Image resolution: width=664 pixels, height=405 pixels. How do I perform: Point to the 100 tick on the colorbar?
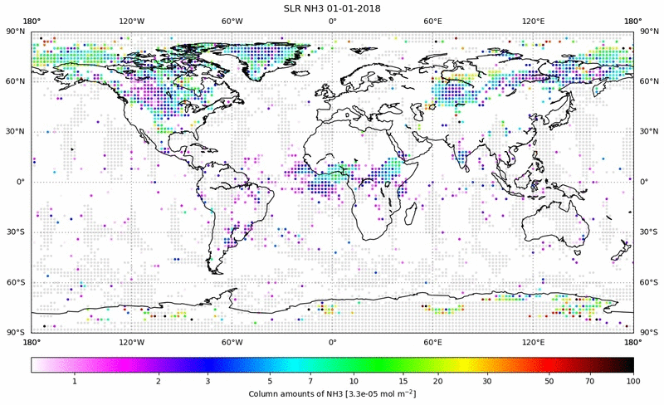pyautogui.click(x=632, y=381)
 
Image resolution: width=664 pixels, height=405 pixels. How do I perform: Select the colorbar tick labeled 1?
pyautogui.click(x=75, y=381)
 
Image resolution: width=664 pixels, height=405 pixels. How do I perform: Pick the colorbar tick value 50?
pyautogui.click(x=549, y=381)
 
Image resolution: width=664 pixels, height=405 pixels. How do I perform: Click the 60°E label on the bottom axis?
pyautogui.click(x=432, y=341)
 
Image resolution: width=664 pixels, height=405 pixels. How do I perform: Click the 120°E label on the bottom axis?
pyautogui.click(x=533, y=341)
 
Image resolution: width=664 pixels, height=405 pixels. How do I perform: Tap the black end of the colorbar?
pyautogui.click(x=629, y=364)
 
